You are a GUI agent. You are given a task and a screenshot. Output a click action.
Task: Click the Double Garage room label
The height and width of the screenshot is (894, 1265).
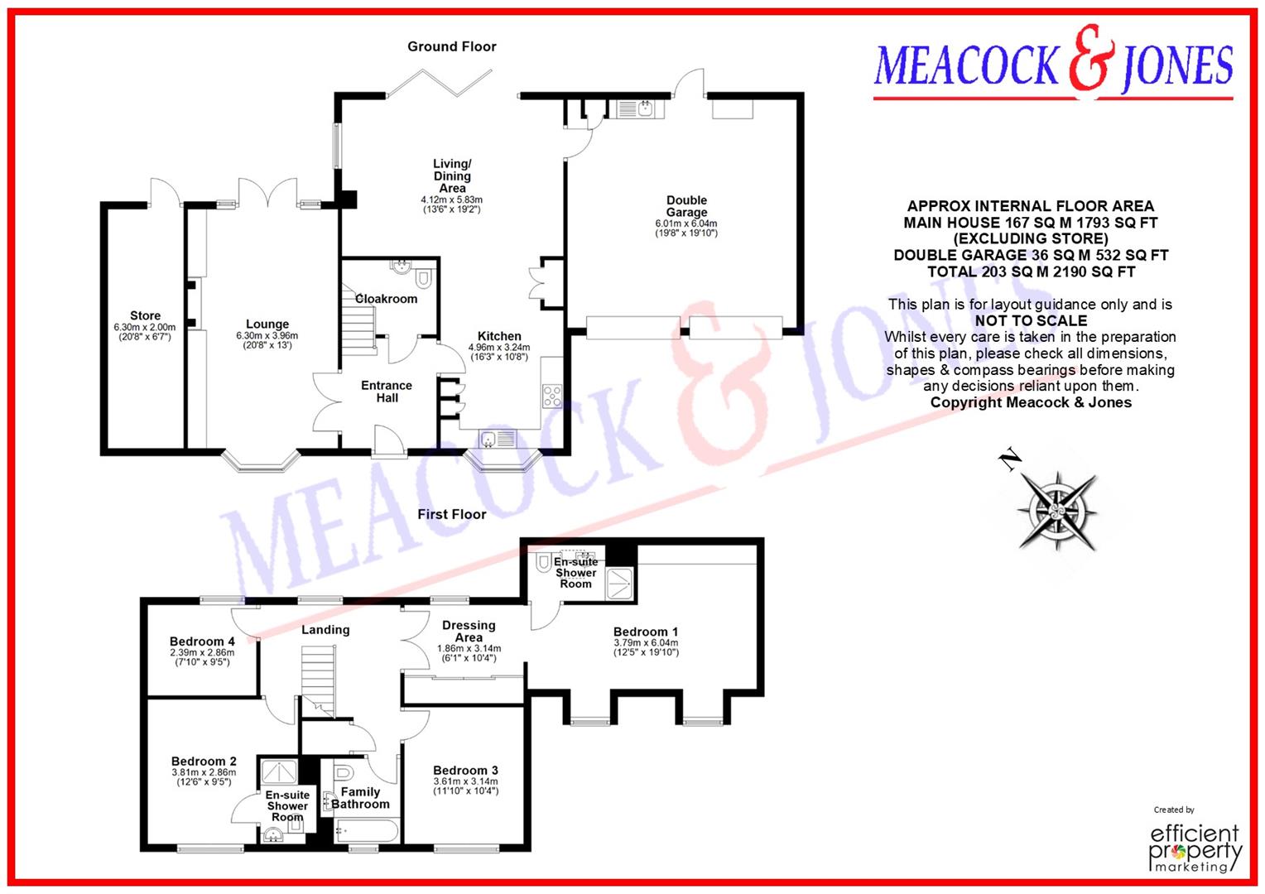pyautogui.click(x=686, y=206)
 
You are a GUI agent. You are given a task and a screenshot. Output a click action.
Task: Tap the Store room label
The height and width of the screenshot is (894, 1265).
pyautogui.click(x=145, y=315)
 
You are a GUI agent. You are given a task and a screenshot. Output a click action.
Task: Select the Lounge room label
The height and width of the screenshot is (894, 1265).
pyautogui.click(x=267, y=324)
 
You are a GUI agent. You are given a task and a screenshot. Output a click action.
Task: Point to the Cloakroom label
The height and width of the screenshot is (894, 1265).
pyautogui.click(x=386, y=299)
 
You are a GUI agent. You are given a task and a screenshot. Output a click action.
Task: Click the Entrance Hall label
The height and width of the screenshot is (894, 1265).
pyautogui.click(x=387, y=392)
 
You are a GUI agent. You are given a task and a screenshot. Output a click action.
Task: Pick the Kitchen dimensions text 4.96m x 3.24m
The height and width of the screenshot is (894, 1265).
pyautogui.click(x=499, y=348)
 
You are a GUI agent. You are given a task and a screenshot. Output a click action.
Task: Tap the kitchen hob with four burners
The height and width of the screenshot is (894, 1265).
pyautogui.click(x=552, y=396)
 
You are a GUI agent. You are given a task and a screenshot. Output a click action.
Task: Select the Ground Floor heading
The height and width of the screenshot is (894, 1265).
pyautogui.click(x=451, y=46)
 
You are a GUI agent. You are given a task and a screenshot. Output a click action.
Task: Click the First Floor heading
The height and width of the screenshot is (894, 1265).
pyautogui.click(x=451, y=514)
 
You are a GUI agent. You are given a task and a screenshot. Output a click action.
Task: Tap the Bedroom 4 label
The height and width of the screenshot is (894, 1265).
pyautogui.click(x=202, y=642)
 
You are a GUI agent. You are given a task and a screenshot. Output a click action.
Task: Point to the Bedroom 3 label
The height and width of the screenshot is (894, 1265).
pyautogui.click(x=465, y=771)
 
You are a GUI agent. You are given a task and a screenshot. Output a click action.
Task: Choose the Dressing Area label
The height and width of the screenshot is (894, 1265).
pyautogui.click(x=469, y=632)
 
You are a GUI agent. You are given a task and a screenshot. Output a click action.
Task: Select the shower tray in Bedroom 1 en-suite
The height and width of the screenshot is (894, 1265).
pyautogui.click(x=620, y=584)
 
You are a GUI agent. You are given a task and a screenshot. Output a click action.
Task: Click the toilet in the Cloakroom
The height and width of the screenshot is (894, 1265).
pyautogui.click(x=424, y=276)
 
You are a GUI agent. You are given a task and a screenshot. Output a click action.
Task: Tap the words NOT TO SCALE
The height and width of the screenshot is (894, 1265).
pyautogui.click(x=1031, y=320)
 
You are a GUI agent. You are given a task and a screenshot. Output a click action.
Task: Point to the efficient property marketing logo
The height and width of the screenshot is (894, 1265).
pyautogui.click(x=1195, y=846)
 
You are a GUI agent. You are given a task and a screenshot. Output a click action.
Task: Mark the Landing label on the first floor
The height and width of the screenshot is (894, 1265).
pyautogui.click(x=325, y=630)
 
